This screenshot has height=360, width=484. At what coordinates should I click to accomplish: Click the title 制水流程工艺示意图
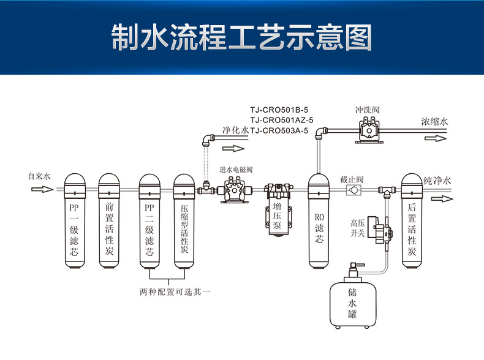tap(241, 39)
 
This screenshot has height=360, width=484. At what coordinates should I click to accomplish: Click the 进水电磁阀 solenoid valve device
tap(233, 190)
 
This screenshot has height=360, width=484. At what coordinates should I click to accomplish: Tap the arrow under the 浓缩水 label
tap(434, 138)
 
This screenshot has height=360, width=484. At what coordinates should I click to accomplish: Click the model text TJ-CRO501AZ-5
tap(282, 120)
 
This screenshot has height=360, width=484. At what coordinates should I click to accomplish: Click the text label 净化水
tap(236, 130)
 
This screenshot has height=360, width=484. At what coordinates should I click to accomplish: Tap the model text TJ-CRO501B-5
tap(279, 110)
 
